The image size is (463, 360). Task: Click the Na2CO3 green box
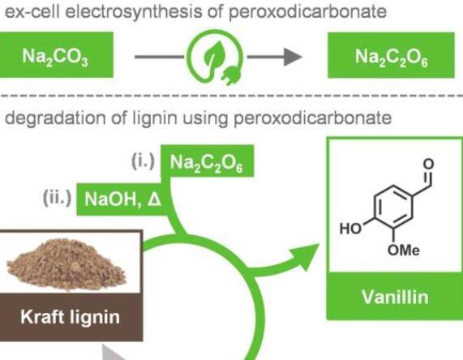click(x=56, y=55)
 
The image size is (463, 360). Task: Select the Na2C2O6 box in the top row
click(x=391, y=55)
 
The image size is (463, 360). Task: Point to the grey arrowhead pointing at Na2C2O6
click(x=293, y=57)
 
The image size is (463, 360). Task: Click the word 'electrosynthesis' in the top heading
click(x=134, y=12)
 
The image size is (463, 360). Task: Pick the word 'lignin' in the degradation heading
click(x=154, y=118)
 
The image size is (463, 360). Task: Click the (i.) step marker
click(x=144, y=161)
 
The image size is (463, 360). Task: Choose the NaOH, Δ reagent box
click(x=122, y=199)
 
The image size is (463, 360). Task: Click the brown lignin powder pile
click(x=67, y=264)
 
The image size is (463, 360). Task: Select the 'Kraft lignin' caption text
click(x=71, y=317)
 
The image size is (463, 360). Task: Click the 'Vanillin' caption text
click(x=395, y=297)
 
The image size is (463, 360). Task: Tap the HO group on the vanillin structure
click(x=350, y=229)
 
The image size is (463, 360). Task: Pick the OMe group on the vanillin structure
click(x=403, y=251)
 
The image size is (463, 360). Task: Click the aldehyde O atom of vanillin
click(x=428, y=165)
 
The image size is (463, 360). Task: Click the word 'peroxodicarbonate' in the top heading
click(x=307, y=12)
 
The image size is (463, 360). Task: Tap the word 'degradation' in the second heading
click(x=55, y=118)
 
